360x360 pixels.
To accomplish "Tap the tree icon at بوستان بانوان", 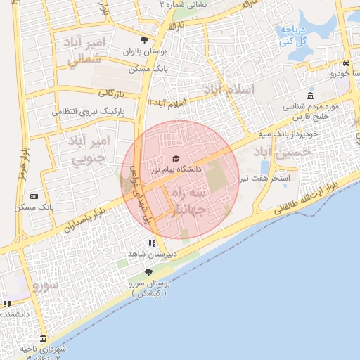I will pyautogui.click(x=145, y=40).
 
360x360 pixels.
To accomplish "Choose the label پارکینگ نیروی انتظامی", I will pyautogui.click(x=89, y=111).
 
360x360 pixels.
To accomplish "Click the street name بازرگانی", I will pyautogui.click(x=110, y=92).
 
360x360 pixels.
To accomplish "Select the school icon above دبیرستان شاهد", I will pyautogui.click(x=150, y=243).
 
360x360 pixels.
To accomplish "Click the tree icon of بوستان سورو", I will pyautogui.click(x=148, y=272).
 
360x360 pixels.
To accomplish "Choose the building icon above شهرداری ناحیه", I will pyautogui.click(x=43, y=338).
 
